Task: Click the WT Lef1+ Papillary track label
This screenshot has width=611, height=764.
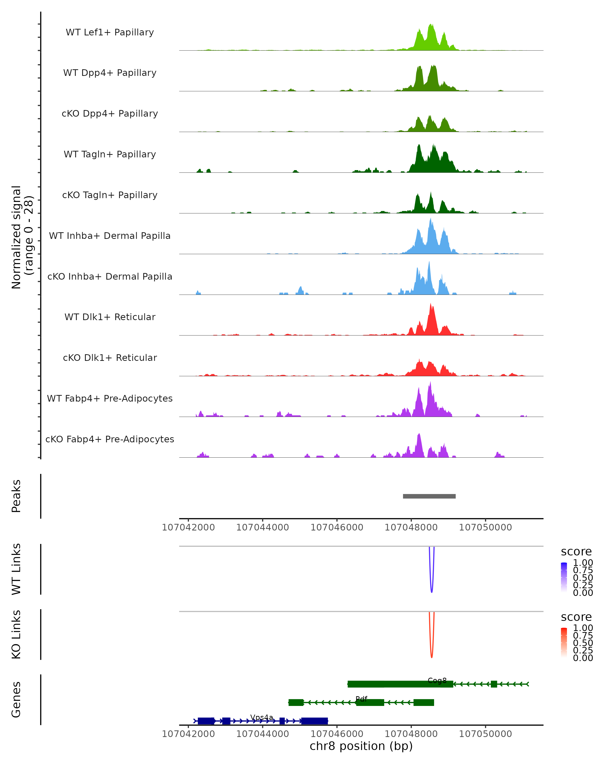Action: [x=110, y=32]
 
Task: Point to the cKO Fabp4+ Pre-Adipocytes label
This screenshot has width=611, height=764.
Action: [x=110, y=439]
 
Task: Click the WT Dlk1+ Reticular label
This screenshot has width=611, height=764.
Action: [x=110, y=317]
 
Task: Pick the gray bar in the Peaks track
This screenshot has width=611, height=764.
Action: [x=429, y=496]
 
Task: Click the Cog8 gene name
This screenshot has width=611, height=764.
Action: [x=437, y=680]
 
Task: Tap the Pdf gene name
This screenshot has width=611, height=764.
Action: [x=361, y=699]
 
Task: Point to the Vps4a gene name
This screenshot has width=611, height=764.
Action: [x=262, y=717]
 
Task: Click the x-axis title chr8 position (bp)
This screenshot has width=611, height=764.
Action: [x=361, y=746]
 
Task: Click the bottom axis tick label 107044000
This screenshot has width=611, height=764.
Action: [x=262, y=734]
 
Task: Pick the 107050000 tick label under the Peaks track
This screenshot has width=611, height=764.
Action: [x=485, y=527]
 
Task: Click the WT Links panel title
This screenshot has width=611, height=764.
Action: [x=16, y=569]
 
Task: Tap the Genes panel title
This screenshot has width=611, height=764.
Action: [x=16, y=700]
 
